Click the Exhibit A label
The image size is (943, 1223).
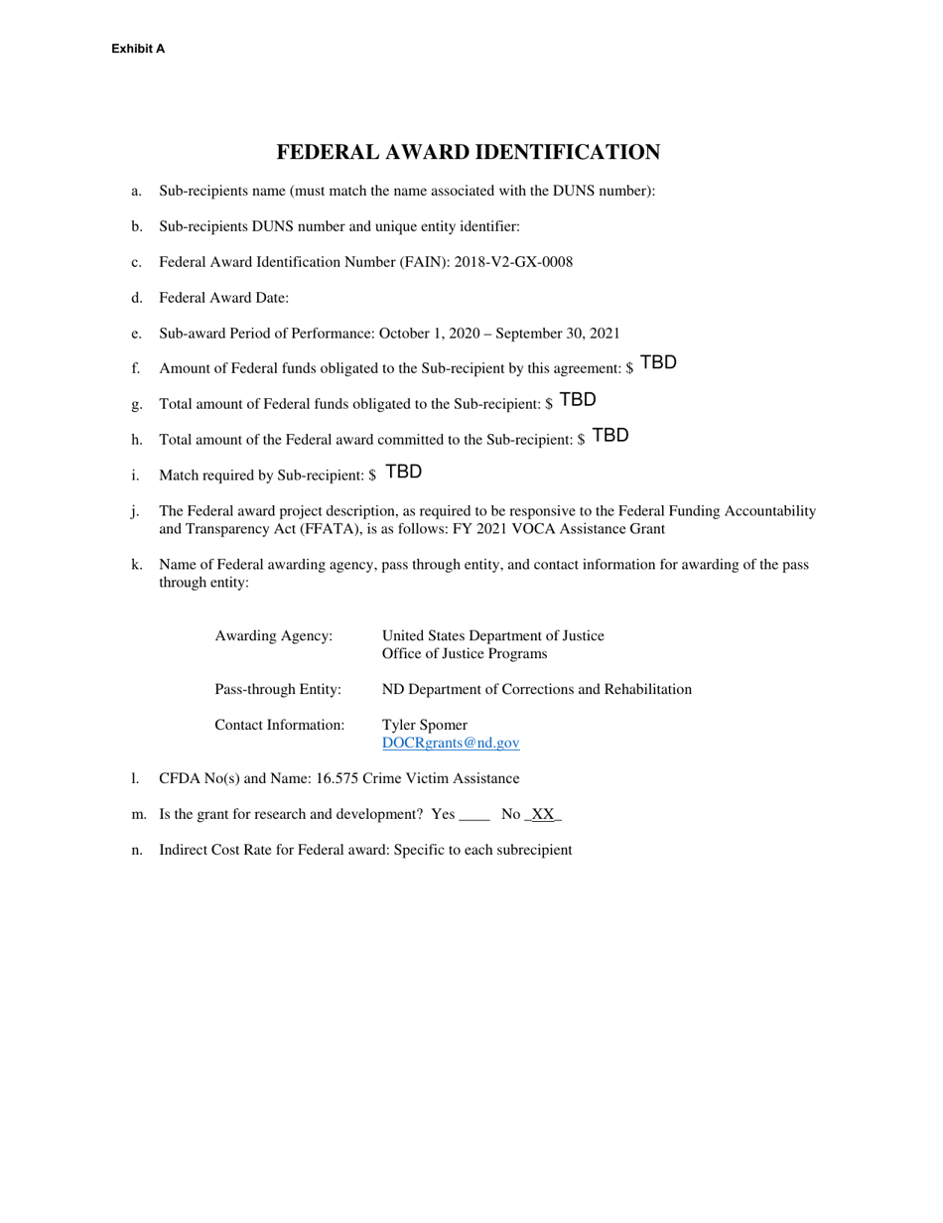(x=138, y=49)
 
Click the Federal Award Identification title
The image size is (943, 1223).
(x=468, y=152)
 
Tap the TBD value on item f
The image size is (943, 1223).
(x=659, y=362)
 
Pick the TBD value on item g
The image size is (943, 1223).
(x=578, y=399)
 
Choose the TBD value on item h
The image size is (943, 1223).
(x=610, y=435)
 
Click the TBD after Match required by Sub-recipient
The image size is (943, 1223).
(x=404, y=472)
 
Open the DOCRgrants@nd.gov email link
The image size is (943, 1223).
(x=451, y=743)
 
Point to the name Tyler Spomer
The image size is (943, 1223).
(x=425, y=725)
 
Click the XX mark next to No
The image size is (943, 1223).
(x=543, y=814)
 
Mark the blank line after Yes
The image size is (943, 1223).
(x=475, y=816)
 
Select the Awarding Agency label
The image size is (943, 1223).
(x=274, y=635)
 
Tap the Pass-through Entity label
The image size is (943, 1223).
(x=278, y=689)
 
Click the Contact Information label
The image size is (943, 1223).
(x=280, y=725)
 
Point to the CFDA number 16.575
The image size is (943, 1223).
(x=337, y=778)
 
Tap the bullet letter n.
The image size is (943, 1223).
(x=136, y=850)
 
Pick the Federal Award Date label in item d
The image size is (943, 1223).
(x=223, y=298)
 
